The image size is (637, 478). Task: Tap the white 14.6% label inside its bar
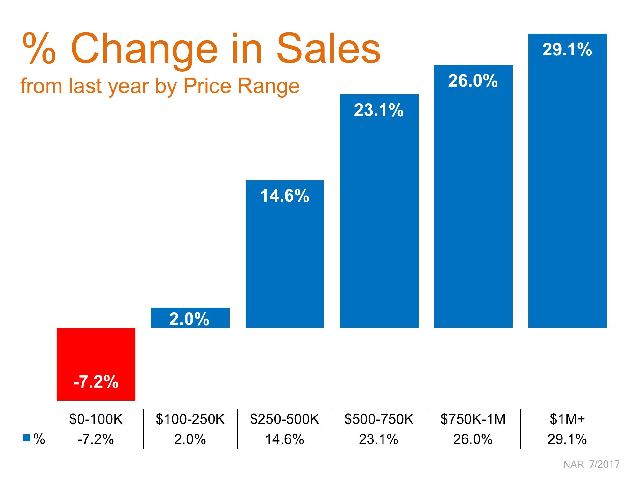coord(284,196)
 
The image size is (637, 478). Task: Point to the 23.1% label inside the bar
coord(379,110)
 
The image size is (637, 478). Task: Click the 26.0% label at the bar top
coord(473,81)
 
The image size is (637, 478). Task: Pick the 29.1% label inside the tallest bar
coord(567,50)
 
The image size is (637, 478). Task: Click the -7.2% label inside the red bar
coord(96,382)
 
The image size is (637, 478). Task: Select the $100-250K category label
coord(190,419)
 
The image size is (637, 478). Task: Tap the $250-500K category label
coord(284,419)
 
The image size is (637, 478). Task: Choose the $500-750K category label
coord(379,419)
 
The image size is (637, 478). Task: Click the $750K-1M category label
coord(473,419)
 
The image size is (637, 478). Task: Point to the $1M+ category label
coord(567,419)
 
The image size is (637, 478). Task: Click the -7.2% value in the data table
coord(96,439)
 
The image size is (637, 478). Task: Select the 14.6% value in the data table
coord(284,439)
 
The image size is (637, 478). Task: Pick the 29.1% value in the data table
coord(567,439)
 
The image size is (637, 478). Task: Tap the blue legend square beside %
coord(26,438)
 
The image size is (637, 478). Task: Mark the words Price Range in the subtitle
coord(241,86)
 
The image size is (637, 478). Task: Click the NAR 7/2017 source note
coord(591,464)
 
